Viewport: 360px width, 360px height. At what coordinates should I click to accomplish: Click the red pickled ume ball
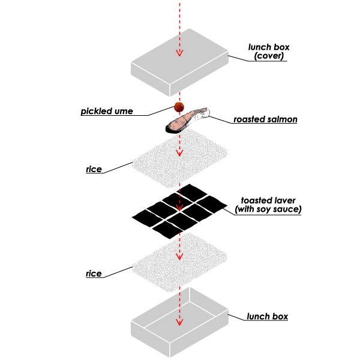178,107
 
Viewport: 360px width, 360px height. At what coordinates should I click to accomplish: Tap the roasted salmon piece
187,121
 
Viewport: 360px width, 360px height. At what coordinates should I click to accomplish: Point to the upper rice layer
179,161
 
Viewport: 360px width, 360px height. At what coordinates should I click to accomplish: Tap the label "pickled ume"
107,112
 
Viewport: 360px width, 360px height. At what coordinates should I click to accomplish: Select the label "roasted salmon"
266,119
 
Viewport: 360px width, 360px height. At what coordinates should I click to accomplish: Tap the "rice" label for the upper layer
93,169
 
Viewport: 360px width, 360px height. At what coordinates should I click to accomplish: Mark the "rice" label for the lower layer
93,274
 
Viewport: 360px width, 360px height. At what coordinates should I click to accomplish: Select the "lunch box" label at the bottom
268,316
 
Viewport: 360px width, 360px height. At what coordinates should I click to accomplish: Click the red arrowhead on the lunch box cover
178,53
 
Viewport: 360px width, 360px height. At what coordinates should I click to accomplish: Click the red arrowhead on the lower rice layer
178,257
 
